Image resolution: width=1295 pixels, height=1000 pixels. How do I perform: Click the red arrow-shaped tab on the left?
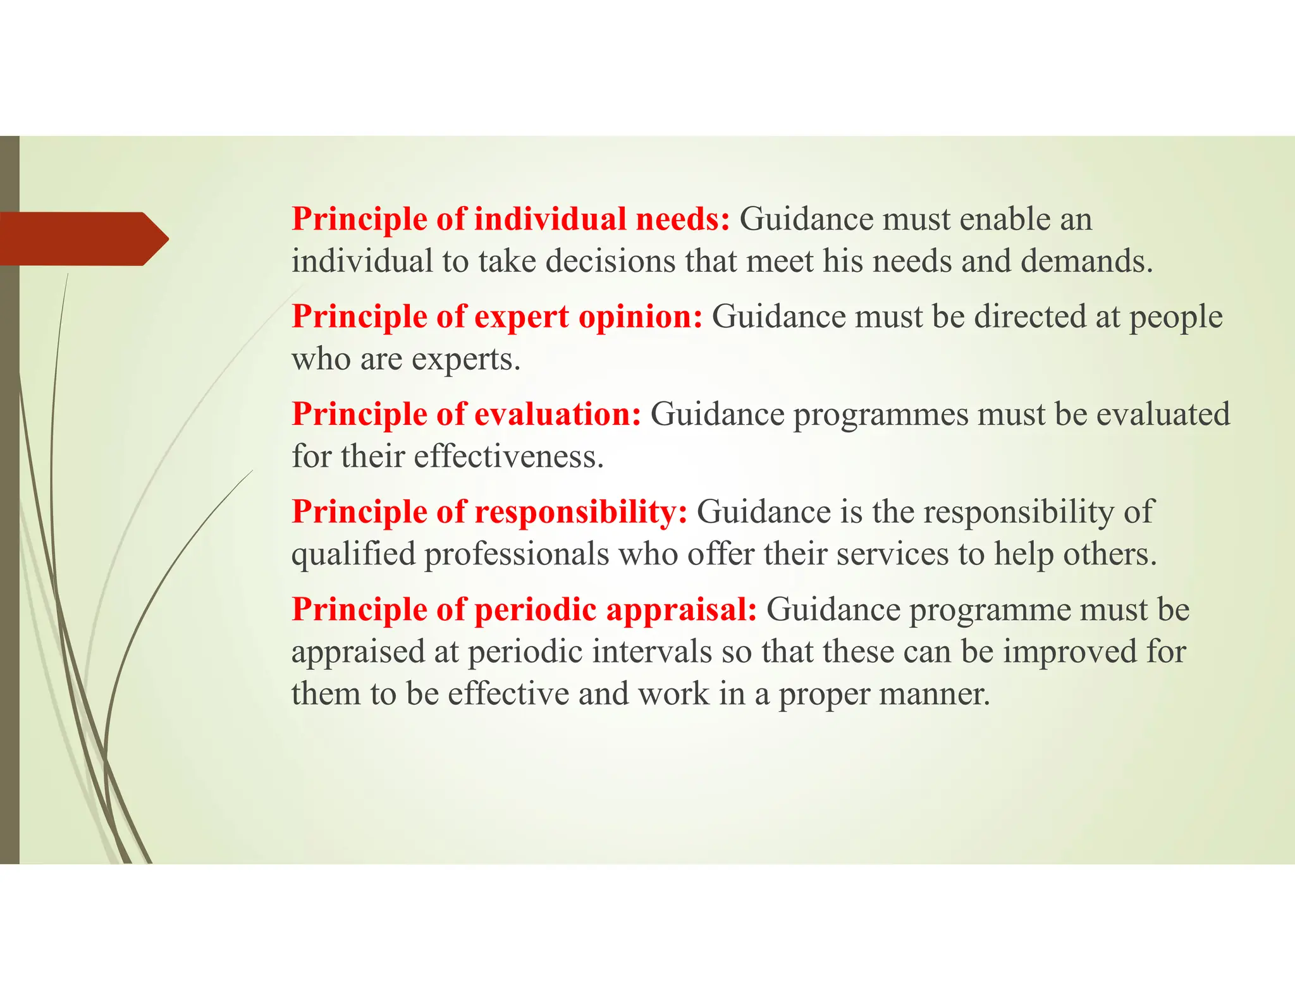tap(82, 239)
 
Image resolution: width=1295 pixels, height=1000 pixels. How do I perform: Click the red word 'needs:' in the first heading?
tap(682, 219)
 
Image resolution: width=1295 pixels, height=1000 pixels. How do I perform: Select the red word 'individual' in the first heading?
tap(549, 219)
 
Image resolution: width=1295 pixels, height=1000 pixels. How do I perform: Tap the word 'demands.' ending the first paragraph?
tap(1087, 261)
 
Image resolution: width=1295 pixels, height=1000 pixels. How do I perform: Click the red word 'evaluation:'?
tap(557, 415)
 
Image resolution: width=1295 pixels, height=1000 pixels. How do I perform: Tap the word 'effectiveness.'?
tap(508, 456)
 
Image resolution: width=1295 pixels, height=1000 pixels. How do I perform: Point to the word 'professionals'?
tap(516, 554)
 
